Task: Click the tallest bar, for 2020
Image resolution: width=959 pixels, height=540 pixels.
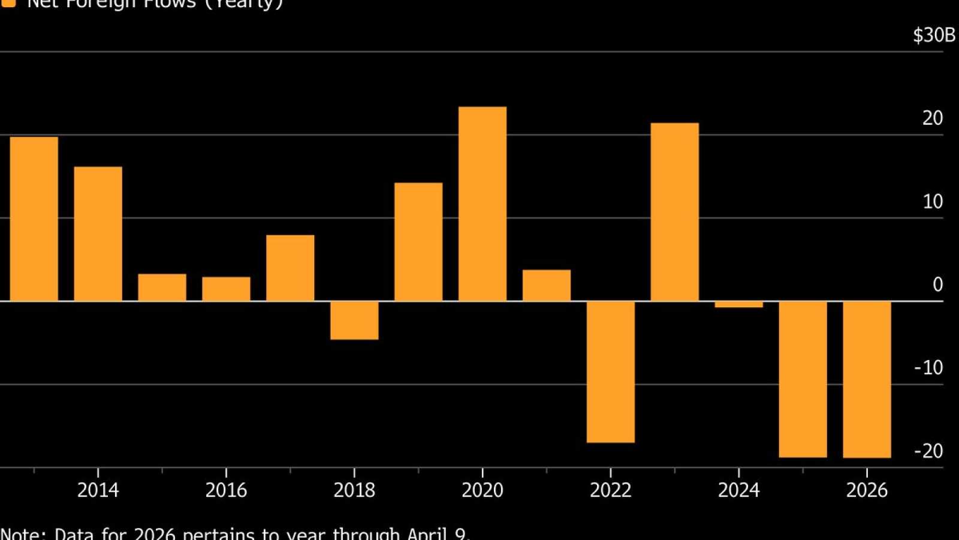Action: [x=482, y=204]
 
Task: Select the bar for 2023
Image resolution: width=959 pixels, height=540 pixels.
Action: [x=674, y=212]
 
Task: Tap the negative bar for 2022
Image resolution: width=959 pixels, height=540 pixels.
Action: [x=610, y=372]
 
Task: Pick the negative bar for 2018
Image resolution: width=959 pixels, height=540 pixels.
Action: [x=354, y=320]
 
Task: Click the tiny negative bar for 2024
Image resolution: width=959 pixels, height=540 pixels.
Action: [x=738, y=304]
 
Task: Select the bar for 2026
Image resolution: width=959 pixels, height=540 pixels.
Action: [x=867, y=379]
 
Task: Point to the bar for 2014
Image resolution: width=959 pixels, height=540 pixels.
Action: [x=98, y=234]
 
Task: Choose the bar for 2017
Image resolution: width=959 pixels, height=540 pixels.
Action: [x=290, y=268]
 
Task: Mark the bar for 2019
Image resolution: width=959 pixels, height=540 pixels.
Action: [x=418, y=242]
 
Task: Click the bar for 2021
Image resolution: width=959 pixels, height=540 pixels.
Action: [x=547, y=286]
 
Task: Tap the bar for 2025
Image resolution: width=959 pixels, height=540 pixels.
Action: [x=803, y=379]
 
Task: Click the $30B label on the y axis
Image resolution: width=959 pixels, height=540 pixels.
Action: [x=934, y=35]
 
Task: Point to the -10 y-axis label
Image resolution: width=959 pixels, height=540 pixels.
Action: [x=928, y=367]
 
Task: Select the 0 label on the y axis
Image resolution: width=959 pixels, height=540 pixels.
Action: [x=937, y=284]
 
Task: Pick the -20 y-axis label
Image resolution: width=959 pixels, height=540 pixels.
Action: [x=928, y=451]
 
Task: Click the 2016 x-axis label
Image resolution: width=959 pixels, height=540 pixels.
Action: [x=226, y=490]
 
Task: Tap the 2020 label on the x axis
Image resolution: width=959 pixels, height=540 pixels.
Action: [x=482, y=490]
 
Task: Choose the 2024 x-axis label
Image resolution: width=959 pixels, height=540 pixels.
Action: [x=738, y=490]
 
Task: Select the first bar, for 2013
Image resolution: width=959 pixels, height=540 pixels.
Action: [x=34, y=219]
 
